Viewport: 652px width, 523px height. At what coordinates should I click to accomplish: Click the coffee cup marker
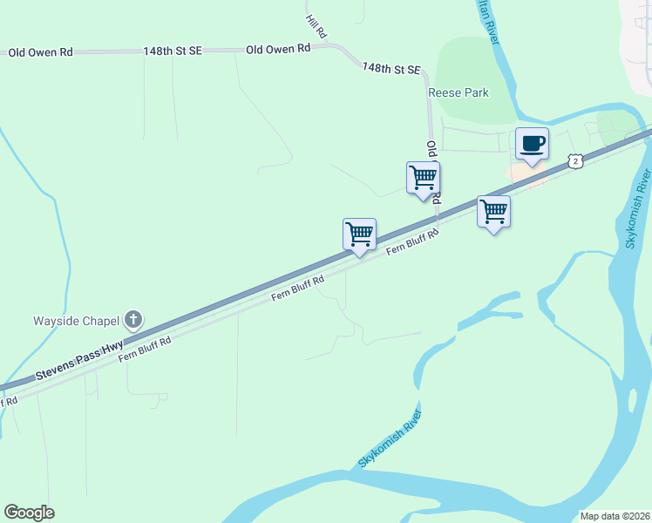(x=532, y=144)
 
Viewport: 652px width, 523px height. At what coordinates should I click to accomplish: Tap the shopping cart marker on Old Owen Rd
(x=423, y=178)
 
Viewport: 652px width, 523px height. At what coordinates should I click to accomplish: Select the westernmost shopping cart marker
(x=359, y=234)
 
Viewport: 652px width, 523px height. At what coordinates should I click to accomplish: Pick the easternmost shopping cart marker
(x=494, y=212)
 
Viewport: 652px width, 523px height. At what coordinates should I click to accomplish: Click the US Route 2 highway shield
(x=574, y=160)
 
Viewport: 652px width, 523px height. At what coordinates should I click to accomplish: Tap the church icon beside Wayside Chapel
(x=133, y=320)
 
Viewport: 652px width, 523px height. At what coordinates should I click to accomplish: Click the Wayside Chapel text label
(x=77, y=320)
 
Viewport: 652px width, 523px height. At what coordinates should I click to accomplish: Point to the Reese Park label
(x=458, y=92)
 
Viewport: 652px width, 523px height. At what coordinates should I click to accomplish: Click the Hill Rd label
(x=316, y=26)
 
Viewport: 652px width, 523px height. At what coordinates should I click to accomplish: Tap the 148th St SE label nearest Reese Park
(x=391, y=68)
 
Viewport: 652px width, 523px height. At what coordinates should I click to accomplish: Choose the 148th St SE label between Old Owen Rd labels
(x=173, y=51)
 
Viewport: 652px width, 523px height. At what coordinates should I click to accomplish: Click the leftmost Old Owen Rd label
(x=40, y=52)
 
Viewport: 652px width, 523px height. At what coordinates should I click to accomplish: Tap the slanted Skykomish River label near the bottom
(x=390, y=438)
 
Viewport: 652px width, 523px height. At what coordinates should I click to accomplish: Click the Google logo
(x=29, y=513)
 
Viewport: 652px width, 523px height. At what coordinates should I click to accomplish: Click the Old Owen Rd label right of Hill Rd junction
(x=278, y=50)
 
